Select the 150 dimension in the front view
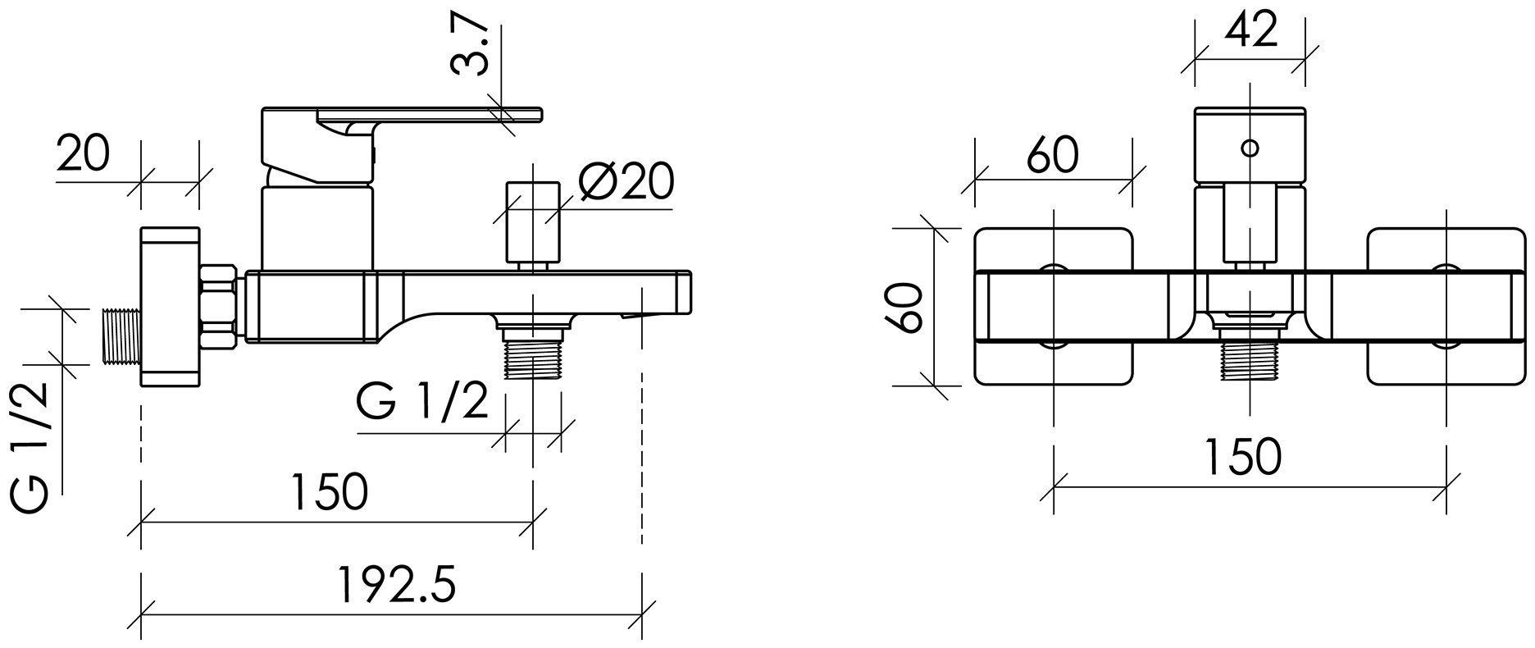point(1243,456)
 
